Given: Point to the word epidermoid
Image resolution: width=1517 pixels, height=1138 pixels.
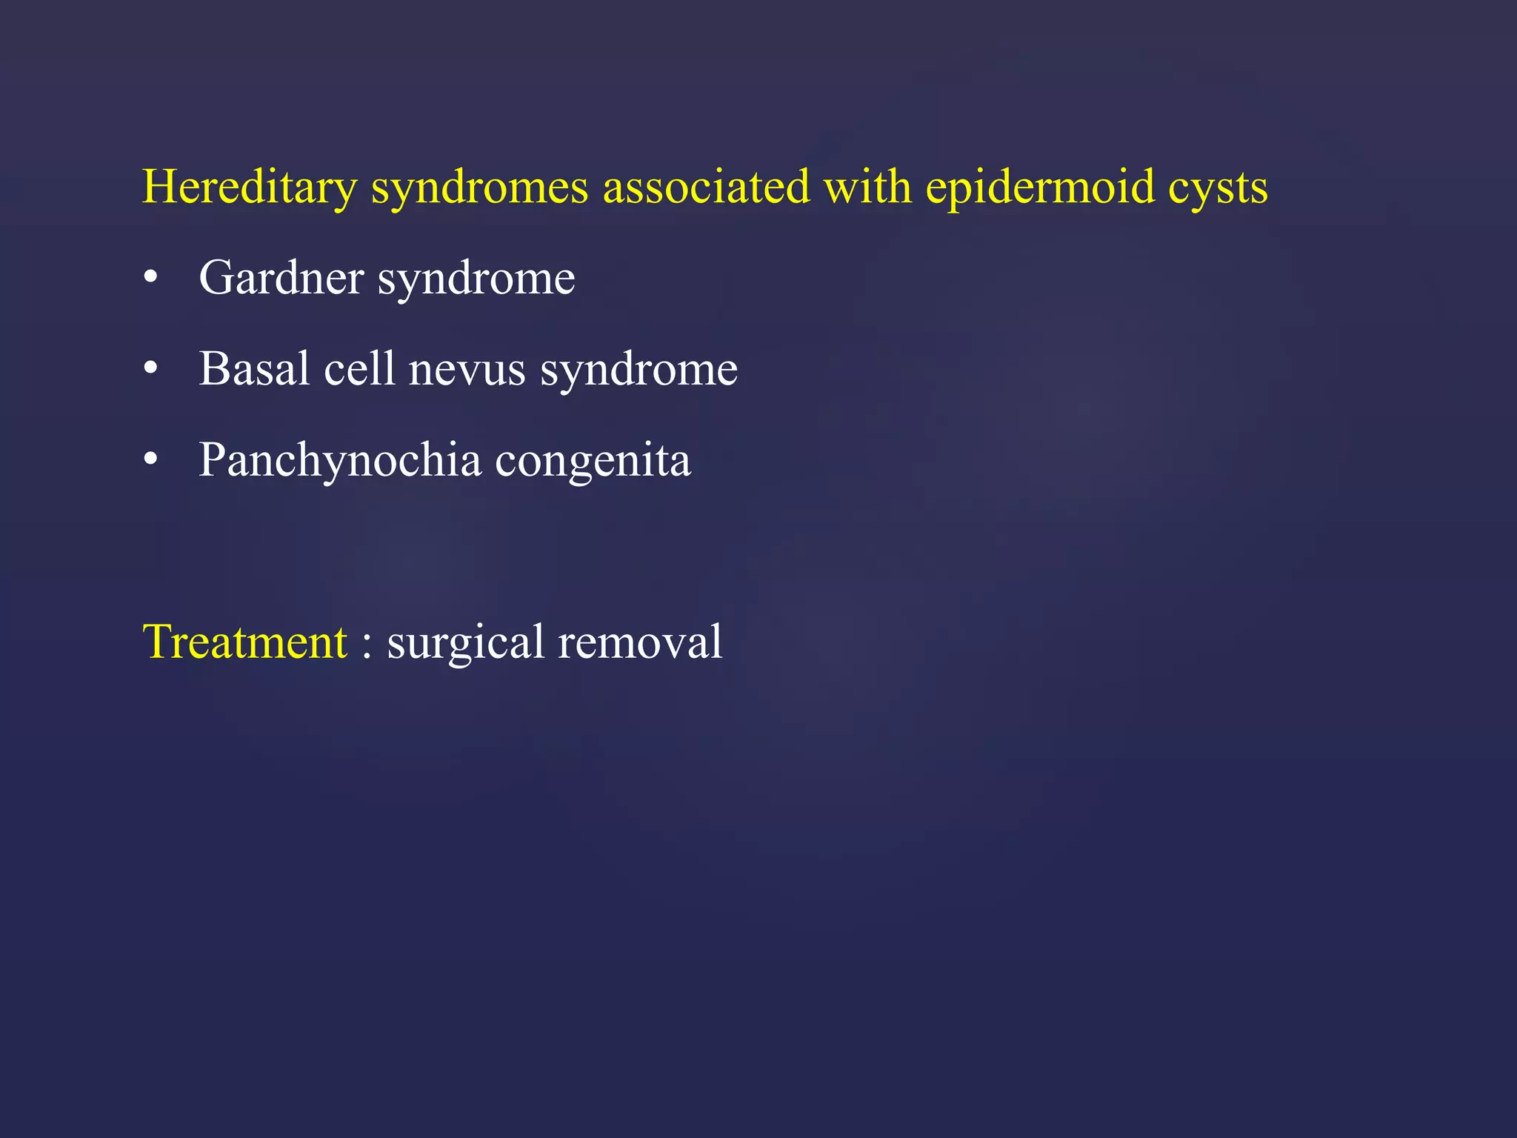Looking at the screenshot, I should click(1039, 187).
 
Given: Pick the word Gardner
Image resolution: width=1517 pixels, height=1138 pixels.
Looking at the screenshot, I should click(281, 278).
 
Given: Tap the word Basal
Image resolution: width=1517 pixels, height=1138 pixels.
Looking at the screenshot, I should click(254, 368).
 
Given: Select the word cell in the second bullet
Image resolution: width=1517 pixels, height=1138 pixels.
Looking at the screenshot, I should click(359, 368).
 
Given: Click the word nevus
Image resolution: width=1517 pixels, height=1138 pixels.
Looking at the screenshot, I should click(467, 370).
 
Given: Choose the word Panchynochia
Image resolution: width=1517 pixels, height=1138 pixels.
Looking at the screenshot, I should click(340, 460).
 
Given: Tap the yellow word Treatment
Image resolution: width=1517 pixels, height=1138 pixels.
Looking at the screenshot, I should click(244, 642).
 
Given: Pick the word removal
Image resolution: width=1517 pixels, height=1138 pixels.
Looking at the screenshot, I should click(640, 642).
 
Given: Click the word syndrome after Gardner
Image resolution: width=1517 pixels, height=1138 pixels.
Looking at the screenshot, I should click(476, 279).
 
